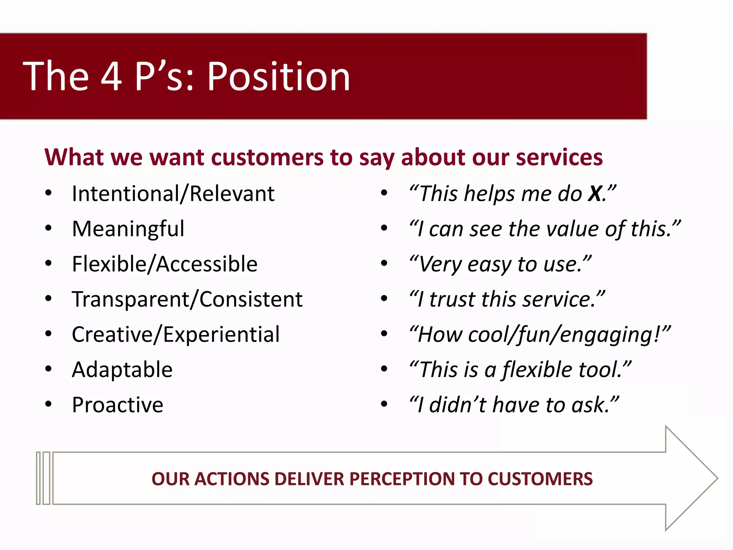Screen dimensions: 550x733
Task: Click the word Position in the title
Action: [278, 76]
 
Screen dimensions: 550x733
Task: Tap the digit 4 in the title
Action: [111, 76]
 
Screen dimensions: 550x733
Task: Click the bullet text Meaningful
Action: [128, 229]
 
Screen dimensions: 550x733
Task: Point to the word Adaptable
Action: [122, 370]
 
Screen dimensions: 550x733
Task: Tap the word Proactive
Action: [117, 405]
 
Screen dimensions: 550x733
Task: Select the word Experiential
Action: [221, 334]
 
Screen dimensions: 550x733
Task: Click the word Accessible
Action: [207, 264]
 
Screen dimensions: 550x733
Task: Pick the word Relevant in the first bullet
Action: [232, 194]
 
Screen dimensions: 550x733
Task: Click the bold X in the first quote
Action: [595, 194]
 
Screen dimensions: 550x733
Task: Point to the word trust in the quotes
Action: [452, 299]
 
